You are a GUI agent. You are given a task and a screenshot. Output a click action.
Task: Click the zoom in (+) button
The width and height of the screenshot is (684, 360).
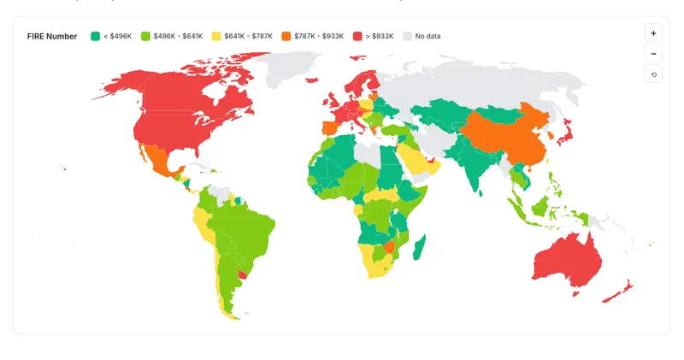[x=653, y=33]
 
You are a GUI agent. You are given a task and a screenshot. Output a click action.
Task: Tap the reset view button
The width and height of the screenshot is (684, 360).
[x=653, y=74]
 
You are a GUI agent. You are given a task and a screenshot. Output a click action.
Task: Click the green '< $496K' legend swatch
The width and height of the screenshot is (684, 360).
[x=95, y=36]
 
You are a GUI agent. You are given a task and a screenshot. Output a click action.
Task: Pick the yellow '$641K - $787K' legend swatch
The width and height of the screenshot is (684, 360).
[x=217, y=36]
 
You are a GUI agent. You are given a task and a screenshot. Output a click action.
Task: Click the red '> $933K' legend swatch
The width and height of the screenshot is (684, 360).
[x=357, y=36]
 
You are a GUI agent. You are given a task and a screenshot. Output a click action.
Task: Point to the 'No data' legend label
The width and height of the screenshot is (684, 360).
[x=427, y=36]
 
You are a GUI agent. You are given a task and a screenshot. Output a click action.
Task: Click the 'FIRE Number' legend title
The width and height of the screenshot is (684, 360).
[x=52, y=36]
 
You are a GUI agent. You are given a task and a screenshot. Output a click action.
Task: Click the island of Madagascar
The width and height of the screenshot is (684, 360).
[x=419, y=248]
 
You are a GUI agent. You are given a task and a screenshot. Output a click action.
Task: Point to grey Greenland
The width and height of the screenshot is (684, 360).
[x=295, y=68]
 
